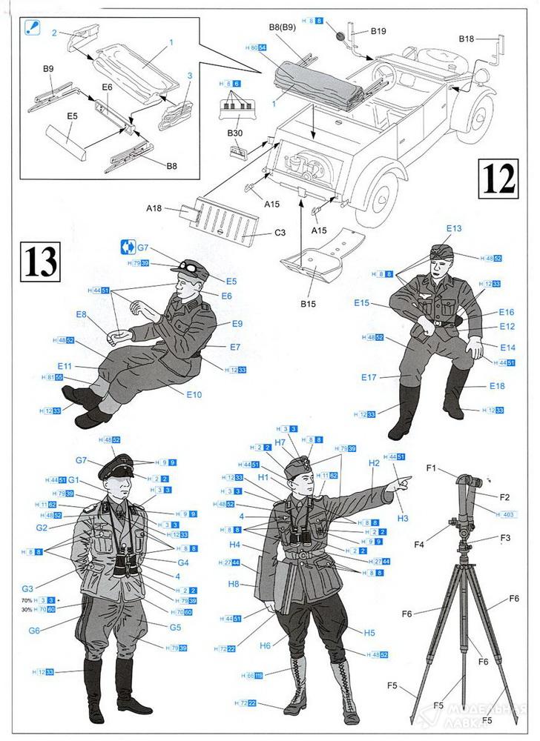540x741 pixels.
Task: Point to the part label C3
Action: [x=280, y=233]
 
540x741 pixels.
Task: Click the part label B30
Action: [x=236, y=133]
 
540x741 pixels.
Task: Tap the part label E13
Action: [x=454, y=228]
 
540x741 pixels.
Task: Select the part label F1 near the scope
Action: [x=431, y=468]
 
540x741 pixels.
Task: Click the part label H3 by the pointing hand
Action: [x=403, y=518]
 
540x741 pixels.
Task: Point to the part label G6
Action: [x=33, y=631]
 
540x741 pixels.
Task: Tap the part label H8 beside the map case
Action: [x=234, y=584]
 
